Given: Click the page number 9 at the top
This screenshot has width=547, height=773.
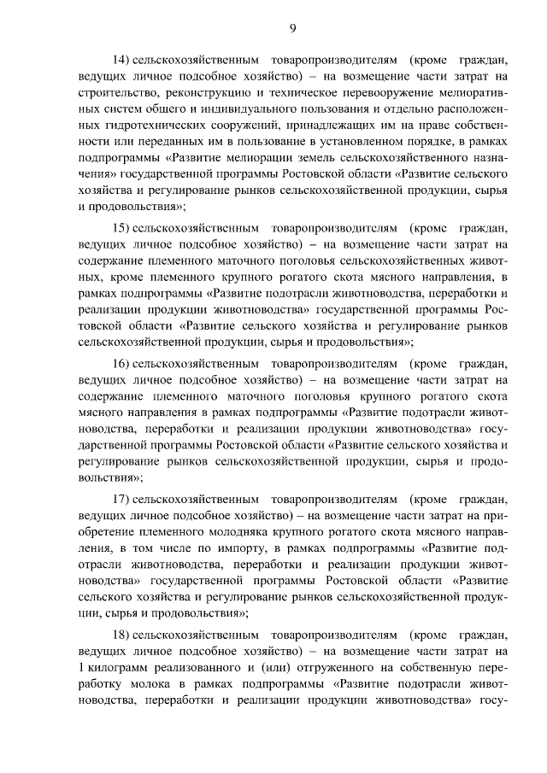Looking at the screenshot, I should pyautogui.click(x=292, y=28).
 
